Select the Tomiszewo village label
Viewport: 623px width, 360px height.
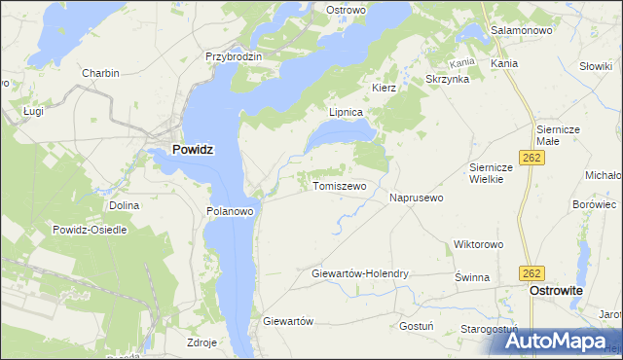339,186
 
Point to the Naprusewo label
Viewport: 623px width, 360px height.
417,198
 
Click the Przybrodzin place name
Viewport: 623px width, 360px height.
234,56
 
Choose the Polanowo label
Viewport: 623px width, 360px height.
230,210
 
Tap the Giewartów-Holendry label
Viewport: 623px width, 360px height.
359,274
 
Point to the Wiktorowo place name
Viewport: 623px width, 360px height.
477,244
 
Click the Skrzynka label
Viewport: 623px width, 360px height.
448,79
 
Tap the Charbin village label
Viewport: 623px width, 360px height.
100,74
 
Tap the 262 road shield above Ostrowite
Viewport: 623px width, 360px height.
531,273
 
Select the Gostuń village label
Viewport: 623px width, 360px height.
416,326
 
